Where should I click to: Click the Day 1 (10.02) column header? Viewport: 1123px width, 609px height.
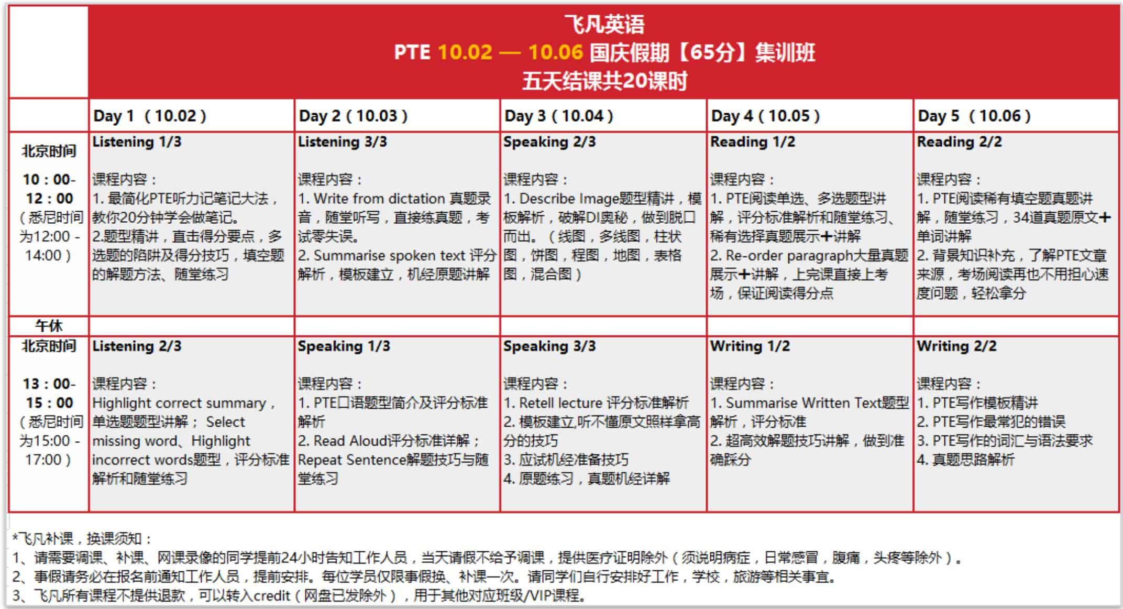click(x=150, y=116)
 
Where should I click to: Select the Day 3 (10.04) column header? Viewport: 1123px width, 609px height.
click(x=558, y=116)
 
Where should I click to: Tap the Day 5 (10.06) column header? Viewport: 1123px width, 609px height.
click(x=974, y=116)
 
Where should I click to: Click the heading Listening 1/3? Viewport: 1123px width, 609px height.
click(x=137, y=142)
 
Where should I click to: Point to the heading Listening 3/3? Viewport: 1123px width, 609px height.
click(x=343, y=142)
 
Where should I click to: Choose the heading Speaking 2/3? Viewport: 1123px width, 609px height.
click(x=549, y=142)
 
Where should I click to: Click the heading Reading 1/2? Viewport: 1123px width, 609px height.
click(x=752, y=142)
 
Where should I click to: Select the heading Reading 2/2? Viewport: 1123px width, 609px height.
click(x=959, y=142)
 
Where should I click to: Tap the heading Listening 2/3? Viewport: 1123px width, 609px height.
click(x=137, y=346)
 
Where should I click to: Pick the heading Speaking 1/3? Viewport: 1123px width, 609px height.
click(x=344, y=346)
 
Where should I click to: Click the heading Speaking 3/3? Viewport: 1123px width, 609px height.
click(x=549, y=346)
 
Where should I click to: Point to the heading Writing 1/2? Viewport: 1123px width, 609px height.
click(x=750, y=346)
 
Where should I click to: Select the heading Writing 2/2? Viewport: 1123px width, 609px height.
click(x=957, y=346)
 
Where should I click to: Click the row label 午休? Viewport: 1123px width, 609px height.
click(x=49, y=326)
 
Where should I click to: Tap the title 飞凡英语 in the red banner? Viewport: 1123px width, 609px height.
click(x=604, y=24)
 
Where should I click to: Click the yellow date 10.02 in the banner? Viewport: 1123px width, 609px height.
click(x=465, y=52)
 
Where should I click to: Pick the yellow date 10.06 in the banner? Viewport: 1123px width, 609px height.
click(x=555, y=52)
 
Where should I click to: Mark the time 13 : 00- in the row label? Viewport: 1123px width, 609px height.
click(x=49, y=384)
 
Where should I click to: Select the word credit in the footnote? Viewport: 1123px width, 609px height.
click(x=272, y=596)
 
